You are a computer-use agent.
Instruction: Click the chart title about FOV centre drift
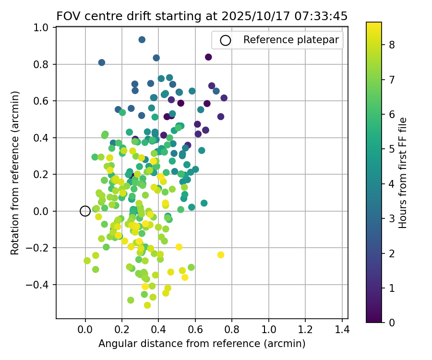202,16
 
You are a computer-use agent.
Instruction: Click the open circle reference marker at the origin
85,211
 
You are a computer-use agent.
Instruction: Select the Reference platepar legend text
291,40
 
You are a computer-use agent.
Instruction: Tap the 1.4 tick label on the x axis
342,331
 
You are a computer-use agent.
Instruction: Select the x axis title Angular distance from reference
202,344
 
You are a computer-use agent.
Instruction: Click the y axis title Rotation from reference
15,173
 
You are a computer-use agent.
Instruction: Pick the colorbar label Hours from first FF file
403,173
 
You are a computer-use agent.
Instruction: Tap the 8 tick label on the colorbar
392,45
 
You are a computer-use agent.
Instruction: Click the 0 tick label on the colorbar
392,323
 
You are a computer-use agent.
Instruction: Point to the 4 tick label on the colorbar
392,184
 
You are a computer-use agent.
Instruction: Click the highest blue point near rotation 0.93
142,39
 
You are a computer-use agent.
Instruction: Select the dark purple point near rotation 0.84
208,57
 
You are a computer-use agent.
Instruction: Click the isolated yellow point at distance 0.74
221,255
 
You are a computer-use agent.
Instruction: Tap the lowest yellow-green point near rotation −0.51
147,305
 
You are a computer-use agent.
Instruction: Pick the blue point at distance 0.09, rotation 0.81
102,62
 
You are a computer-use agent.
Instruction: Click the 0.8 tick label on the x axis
232,331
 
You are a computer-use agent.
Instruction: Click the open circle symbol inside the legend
226,40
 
